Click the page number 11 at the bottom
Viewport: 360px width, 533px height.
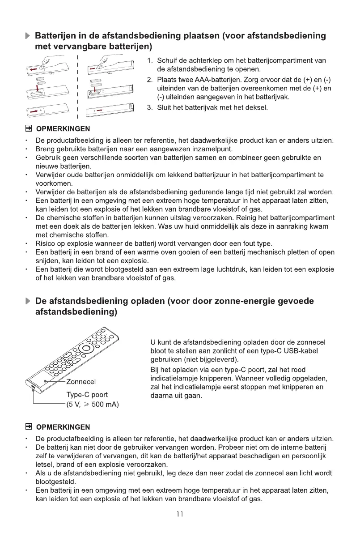(x=180, y=515)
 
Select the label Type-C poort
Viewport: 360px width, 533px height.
(x=87, y=395)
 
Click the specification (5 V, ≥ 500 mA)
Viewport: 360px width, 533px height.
(x=92, y=405)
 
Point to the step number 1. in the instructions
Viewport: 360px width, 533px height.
(x=150, y=60)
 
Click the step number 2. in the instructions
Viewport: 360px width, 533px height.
(x=150, y=80)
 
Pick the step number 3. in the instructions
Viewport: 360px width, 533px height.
(x=150, y=108)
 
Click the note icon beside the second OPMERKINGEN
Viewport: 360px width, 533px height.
(x=30, y=426)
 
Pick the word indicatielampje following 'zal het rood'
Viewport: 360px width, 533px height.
(x=174, y=379)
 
